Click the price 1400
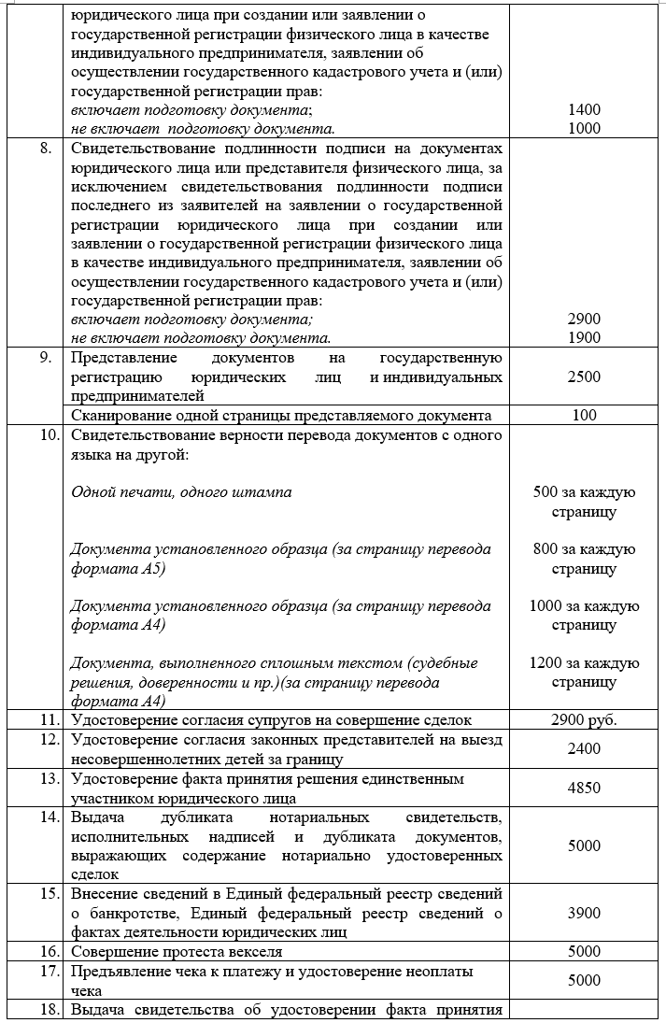tap(584, 109)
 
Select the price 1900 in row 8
tap(584, 337)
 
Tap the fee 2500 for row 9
tap(584, 377)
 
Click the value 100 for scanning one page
tap(584, 416)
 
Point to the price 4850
tap(584, 788)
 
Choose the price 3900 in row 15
tap(584, 913)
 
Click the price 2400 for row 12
tap(584, 748)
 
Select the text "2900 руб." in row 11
tap(584, 719)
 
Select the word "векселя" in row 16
tap(256, 951)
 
